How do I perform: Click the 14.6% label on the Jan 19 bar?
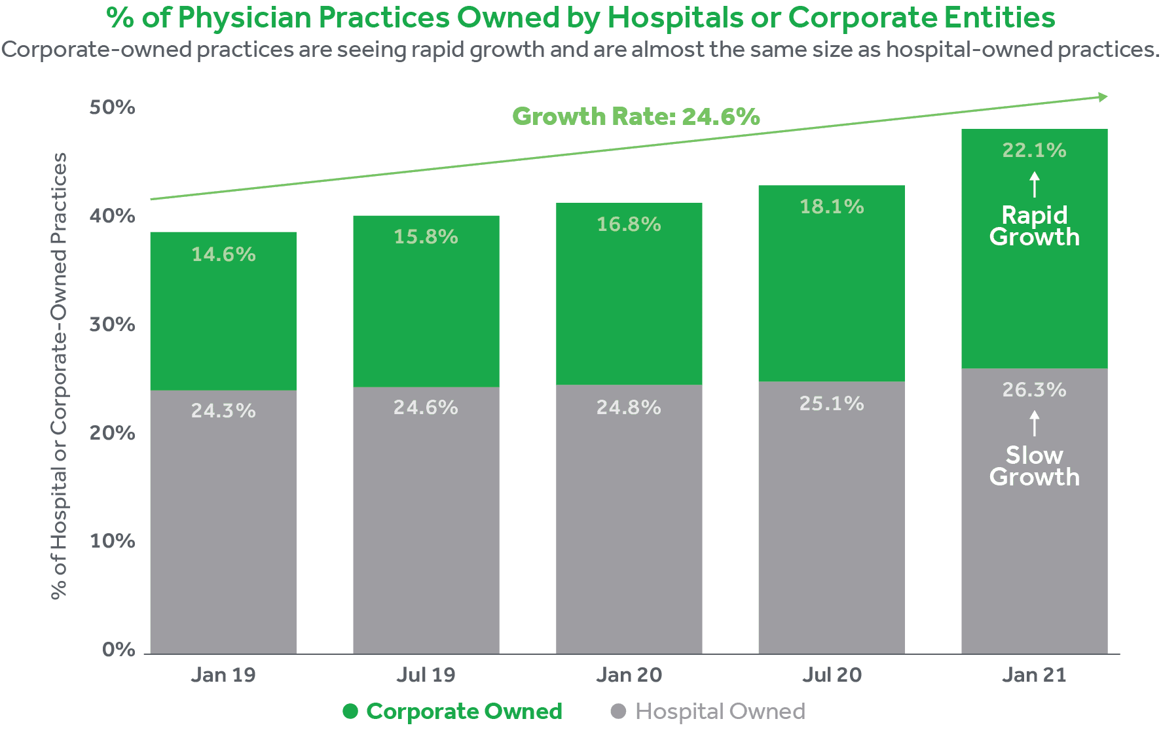[223, 254]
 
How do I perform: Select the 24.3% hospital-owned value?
[223, 411]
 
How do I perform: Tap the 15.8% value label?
[426, 237]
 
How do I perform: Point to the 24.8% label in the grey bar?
[629, 408]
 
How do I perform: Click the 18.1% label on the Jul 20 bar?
[832, 207]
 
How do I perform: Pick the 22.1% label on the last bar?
[1034, 150]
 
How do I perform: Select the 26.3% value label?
[1034, 390]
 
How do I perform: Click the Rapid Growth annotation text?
[1034, 226]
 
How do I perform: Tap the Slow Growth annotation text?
[1034, 466]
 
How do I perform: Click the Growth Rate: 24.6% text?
[636, 116]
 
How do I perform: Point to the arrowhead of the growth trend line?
[1103, 97]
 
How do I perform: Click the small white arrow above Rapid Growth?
[1034, 184]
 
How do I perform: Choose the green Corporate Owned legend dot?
[350, 711]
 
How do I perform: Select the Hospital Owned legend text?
[720, 711]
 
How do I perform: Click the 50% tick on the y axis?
[113, 107]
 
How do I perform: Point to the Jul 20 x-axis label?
[832, 675]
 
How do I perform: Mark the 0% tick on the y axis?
[119, 650]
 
